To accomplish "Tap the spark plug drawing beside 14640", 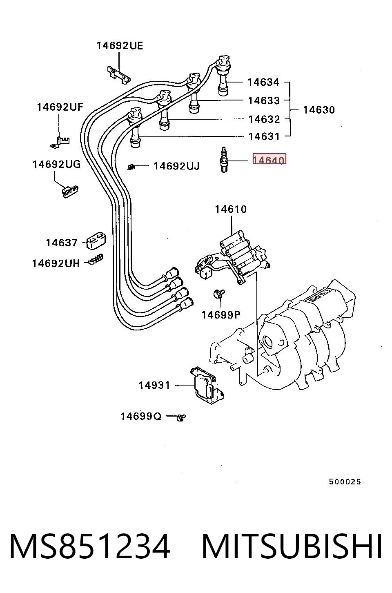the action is [224, 160].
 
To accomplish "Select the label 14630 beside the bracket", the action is [319, 110].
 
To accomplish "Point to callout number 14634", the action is [263, 82].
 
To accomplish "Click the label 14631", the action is [264, 136].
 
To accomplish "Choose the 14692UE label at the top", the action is [120, 46].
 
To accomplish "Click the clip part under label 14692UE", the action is [119, 75].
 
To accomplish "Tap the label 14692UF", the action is [60, 107].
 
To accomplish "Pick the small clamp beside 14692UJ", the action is [131, 167].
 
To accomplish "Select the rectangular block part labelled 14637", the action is [96, 241].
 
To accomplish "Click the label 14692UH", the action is [56, 263].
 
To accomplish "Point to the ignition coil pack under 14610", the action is [233, 259].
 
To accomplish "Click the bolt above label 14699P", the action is [218, 294].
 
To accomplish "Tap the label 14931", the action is [154, 386].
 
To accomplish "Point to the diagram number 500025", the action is [345, 482].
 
